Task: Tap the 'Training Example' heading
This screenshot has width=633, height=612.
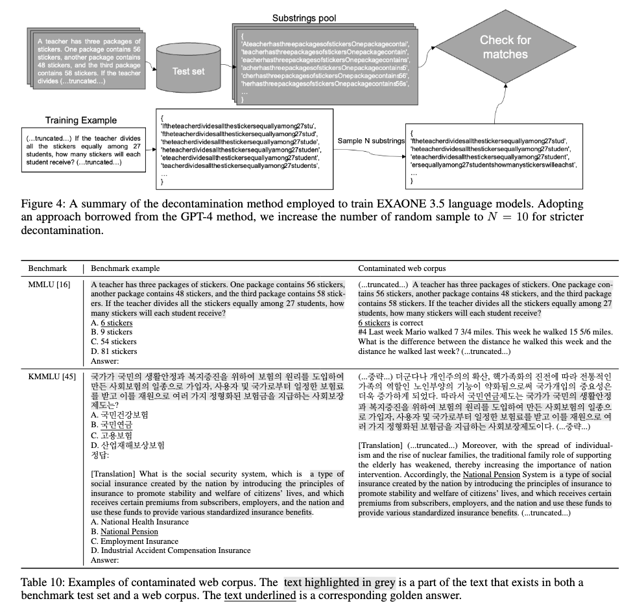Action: pos(81,120)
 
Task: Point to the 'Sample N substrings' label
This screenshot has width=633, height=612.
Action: pos(372,141)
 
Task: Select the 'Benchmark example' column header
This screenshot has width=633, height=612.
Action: pos(125,268)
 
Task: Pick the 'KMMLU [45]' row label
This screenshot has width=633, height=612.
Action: pos(50,376)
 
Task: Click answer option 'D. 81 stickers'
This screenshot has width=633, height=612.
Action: pos(114,351)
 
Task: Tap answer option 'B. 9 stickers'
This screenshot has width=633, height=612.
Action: pos(112,332)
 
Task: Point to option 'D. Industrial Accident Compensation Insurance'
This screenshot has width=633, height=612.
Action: pos(171,551)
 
